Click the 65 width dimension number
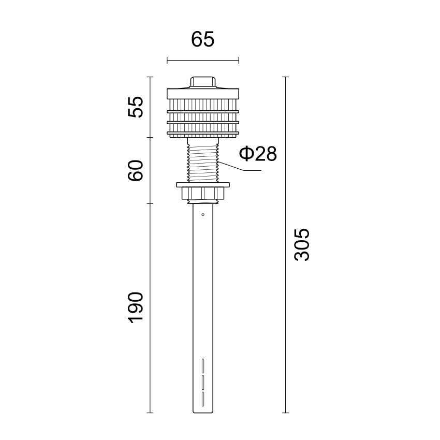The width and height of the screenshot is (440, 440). point(202,39)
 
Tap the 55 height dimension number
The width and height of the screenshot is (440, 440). point(136,107)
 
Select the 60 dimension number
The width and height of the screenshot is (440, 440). point(136,171)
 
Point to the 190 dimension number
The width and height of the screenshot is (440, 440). point(136,307)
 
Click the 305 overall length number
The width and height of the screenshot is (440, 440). point(302,245)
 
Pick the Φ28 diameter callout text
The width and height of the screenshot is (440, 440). point(258,154)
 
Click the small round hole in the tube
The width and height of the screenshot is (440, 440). point(203,215)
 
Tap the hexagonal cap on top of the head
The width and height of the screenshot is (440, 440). point(203,82)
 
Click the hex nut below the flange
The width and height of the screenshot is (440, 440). point(203,193)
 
